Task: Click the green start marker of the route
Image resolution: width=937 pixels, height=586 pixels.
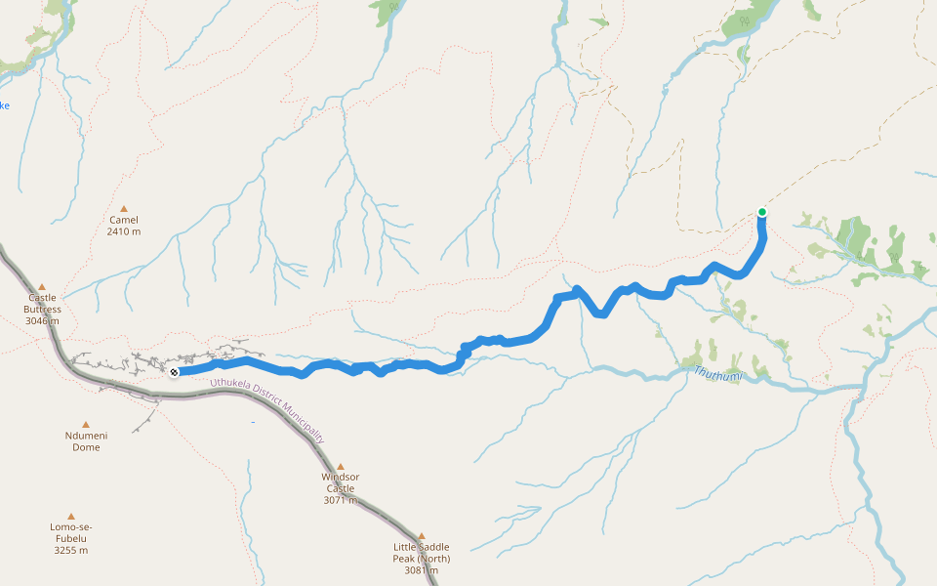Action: click(762, 212)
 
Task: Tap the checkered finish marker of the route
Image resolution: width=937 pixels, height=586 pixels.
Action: click(174, 371)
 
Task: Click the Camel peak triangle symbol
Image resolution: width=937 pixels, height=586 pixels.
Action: click(124, 208)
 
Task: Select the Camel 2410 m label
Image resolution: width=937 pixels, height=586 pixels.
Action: click(124, 226)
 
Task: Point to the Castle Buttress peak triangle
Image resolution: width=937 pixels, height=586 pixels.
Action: click(42, 287)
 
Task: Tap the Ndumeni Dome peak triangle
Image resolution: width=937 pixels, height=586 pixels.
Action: click(85, 425)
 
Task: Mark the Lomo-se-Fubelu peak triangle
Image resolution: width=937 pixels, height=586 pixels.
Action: click(70, 517)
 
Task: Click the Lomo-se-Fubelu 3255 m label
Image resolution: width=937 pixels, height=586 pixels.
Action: click(69, 538)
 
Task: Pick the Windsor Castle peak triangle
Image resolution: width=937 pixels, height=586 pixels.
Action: click(341, 467)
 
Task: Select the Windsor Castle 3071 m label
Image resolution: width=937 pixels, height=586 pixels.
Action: click(340, 488)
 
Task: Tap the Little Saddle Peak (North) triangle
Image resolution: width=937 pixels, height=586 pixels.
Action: click(422, 535)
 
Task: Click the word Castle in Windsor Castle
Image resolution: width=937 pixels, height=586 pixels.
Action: click(340, 488)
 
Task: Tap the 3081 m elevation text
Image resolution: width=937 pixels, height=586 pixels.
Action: click(422, 569)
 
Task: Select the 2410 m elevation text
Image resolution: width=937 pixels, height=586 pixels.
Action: click(124, 231)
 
